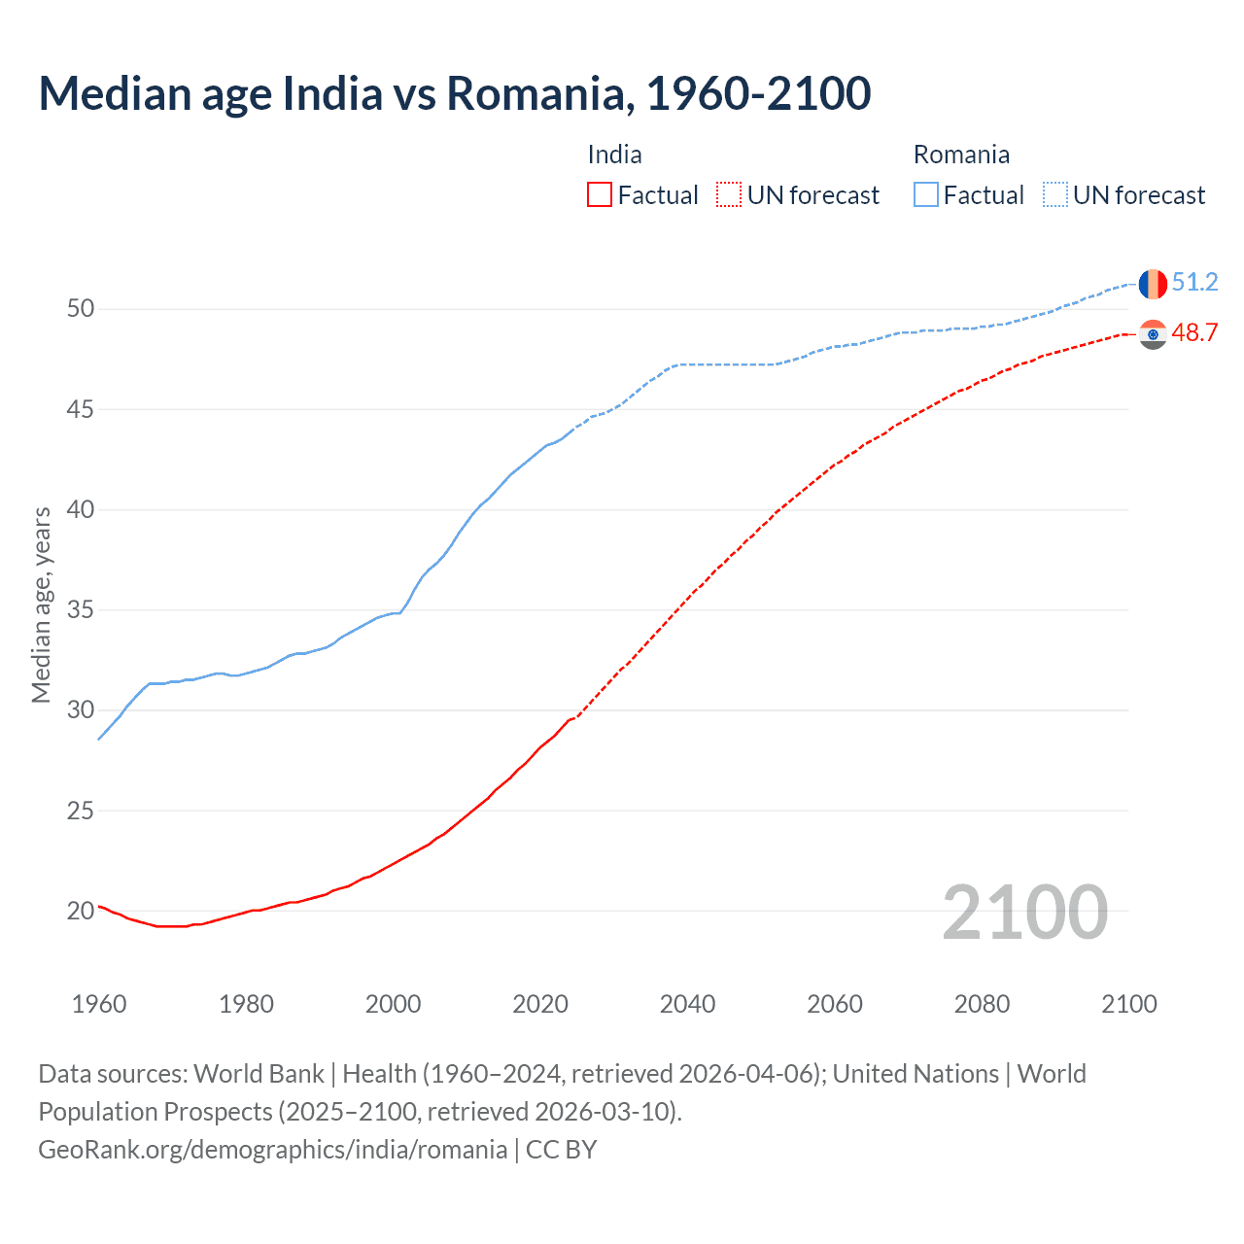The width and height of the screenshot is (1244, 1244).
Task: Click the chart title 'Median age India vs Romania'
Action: [454, 93]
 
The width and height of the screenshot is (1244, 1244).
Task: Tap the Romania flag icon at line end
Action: [1153, 283]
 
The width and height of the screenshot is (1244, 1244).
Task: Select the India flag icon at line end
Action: [1153, 334]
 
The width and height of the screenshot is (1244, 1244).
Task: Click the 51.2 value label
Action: [1194, 283]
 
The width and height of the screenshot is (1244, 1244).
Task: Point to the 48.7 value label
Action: [1194, 333]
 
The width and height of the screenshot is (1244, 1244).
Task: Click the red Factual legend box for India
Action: [600, 195]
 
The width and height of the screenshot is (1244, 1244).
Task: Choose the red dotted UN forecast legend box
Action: [729, 195]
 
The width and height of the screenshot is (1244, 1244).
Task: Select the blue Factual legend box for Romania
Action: [926, 195]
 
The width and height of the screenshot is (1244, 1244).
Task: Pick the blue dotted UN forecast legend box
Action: [1055, 195]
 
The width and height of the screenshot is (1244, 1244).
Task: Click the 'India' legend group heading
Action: [614, 155]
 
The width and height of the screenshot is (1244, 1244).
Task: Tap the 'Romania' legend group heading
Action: [961, 155]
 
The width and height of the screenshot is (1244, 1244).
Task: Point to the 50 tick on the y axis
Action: [81, 309]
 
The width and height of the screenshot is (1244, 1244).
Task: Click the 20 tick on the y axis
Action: [81, 911]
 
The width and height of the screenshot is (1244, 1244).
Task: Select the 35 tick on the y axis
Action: [81, 610]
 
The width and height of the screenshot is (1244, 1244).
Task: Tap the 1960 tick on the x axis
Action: [99, 1004]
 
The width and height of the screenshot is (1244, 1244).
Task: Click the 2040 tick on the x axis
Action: [687, 1004]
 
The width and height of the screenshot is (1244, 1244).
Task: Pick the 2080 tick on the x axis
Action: [982, 1004]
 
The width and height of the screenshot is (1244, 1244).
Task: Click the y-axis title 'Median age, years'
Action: [41, 605]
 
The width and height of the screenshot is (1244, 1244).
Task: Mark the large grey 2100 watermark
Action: [1024, 912]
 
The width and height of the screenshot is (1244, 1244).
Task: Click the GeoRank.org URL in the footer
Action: [272, 1150]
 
